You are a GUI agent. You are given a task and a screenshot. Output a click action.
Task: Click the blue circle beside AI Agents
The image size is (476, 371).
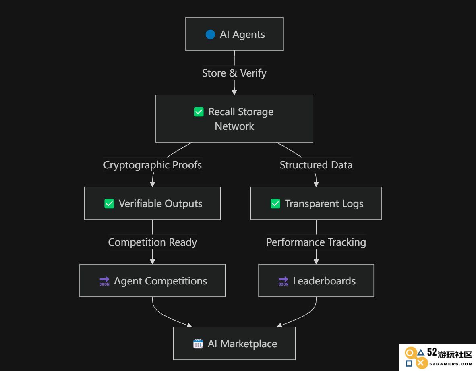pos(210,35)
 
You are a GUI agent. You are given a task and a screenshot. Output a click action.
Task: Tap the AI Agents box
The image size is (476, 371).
pos(234,34)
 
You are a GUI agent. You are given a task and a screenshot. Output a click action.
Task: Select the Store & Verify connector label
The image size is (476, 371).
pos(234,73)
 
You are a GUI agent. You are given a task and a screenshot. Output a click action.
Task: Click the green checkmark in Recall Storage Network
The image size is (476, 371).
pos(199,112)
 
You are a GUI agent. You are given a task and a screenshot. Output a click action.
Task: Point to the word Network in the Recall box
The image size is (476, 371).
pos(234,126)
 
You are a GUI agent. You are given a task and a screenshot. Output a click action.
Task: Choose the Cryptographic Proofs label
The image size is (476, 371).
pos(152,165)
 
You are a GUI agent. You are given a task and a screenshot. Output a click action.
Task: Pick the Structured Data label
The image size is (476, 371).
pos(316,165)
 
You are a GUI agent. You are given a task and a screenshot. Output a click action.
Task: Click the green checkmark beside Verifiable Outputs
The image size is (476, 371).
pos(109,204)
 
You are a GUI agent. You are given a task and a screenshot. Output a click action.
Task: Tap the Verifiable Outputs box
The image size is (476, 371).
pos(152,203)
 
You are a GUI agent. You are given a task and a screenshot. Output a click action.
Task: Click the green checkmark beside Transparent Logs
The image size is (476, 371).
pos(275,204)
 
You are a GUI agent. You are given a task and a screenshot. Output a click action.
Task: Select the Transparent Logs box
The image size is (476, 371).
pos(316,203)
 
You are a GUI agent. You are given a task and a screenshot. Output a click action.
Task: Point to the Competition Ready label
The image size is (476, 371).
pos(152,242)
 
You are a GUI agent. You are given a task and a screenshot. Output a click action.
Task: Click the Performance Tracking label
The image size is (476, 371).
pos(316,242)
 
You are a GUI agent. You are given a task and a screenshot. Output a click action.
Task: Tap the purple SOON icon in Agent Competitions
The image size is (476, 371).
pos(104,281)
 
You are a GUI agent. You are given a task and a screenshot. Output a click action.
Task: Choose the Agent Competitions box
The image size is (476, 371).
pos(152,280)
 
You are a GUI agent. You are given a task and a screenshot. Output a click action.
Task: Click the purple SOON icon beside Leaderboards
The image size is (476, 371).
pos(283,281)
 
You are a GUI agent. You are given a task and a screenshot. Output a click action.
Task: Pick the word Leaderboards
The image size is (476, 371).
pos(324,281)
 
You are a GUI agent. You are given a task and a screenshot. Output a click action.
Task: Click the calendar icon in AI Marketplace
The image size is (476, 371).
pos(198,344)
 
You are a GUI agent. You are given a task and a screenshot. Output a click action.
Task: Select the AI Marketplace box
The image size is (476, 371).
pos(234,343)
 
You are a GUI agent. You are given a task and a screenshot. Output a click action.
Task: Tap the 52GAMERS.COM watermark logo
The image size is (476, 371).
pos(438,358)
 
